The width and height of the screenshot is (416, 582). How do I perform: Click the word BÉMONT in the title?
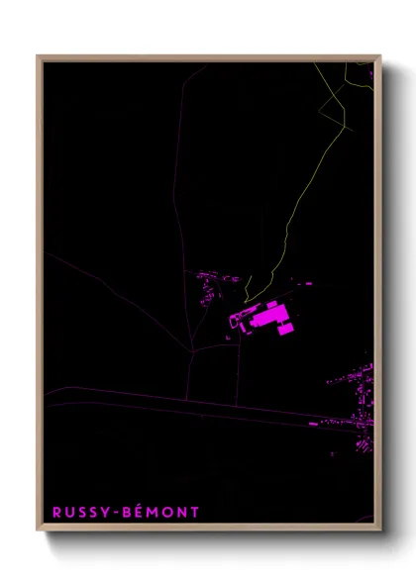pyautogui.click(x=162, y=512)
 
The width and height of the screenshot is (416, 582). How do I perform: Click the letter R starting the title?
pyautogui.click(x=56, y=512)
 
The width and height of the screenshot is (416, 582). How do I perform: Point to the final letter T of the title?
pyautogui.click(x=196, y=512)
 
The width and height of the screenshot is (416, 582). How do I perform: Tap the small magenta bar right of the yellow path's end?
pyautogui.click(x=308, y=283)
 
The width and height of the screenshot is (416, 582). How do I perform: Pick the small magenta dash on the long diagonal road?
pyautogui.click(x=313, y=423)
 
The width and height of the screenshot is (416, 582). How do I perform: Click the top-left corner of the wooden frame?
pyautogui.click(x=39, y=57)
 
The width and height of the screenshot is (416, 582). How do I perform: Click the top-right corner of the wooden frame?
pyautogui.click(x=379, y=57)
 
